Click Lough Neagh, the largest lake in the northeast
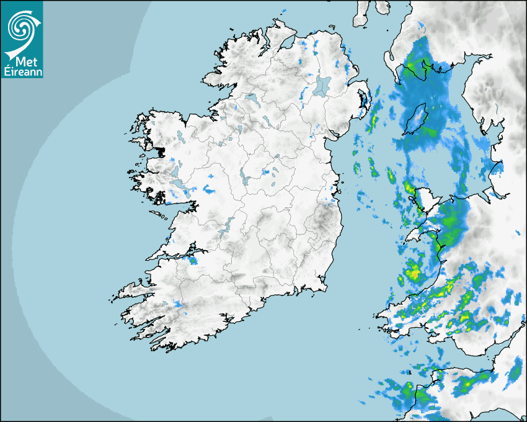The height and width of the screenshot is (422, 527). coord(322,85)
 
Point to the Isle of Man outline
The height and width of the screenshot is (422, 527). coord(416,119)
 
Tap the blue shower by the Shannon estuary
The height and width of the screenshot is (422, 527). coord(193,260)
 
